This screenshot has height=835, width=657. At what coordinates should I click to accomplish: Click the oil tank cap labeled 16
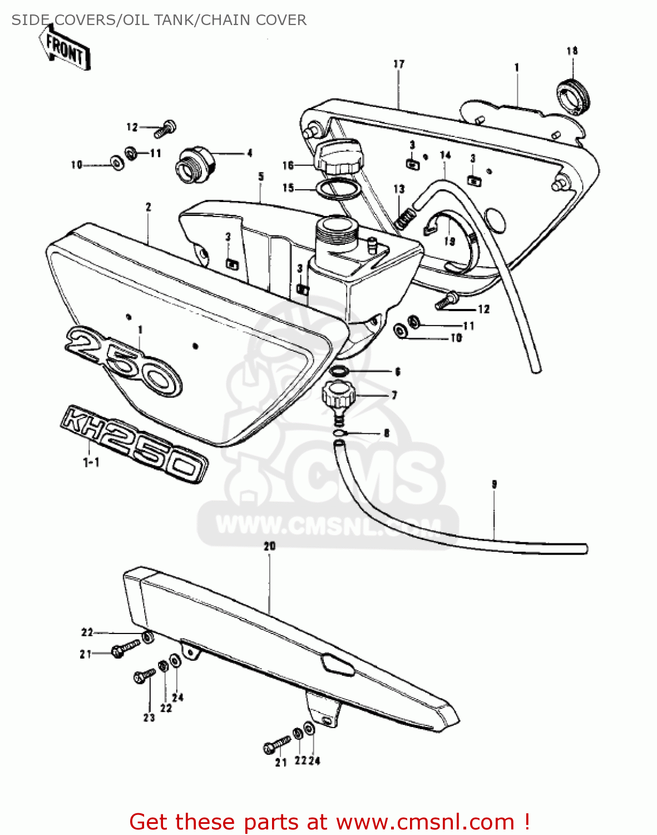click(338, 156)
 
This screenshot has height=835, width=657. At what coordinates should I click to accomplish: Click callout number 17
click(399, 64)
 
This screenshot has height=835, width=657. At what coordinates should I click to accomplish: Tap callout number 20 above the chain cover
click(270, 546)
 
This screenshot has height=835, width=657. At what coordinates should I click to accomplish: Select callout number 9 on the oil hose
click(494, 484)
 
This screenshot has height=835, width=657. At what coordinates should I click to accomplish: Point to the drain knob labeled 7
click(339, 396)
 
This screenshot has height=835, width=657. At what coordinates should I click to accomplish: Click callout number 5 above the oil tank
click(260, 177)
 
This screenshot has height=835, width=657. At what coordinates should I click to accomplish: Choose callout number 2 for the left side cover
click(148, 207)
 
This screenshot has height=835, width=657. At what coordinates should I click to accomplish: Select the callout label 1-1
click(91, 462)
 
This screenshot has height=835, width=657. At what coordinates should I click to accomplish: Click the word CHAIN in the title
click(225, 20)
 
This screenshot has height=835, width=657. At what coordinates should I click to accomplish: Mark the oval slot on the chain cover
click(337, 665)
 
